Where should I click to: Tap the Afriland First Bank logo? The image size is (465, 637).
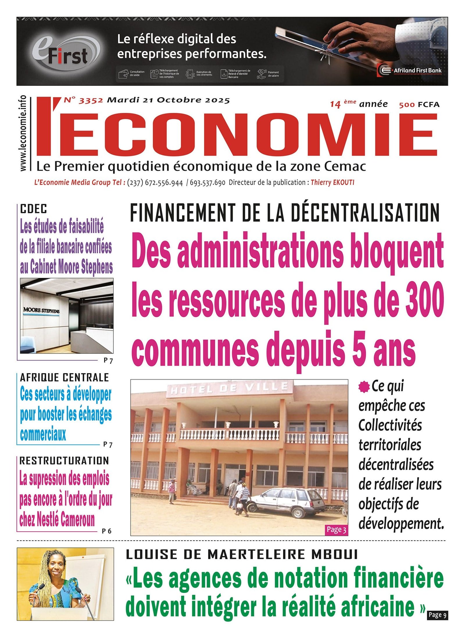pos(410,70)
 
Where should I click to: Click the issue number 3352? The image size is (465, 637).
pos(91,101)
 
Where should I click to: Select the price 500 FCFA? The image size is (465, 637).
pos(419,105)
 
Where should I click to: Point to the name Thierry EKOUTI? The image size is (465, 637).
pos(332,182)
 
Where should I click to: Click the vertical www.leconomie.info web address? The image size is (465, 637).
pos(23,133)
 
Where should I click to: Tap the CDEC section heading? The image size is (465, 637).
pos(33,209)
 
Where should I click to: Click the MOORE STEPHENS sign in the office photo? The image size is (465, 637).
pos(41,311)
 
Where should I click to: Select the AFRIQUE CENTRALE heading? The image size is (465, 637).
pos(64,378)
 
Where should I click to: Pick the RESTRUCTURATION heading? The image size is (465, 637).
pos(64,461)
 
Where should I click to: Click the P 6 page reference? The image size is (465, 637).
pos(107,531)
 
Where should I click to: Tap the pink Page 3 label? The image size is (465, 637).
pos(336,530)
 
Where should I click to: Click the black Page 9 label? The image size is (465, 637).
pos(437,615)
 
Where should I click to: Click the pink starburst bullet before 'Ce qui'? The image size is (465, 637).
pos(364,387)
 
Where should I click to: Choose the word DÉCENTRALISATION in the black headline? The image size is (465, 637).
pos(365,213)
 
